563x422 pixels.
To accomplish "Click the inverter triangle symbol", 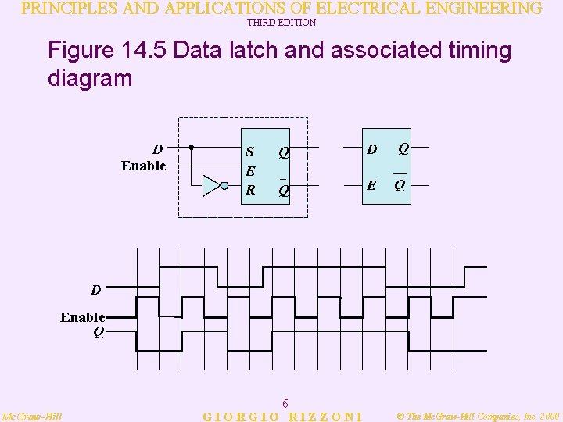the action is [212, 185].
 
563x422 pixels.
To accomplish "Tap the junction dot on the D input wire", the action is [192, 147].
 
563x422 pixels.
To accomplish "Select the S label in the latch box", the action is [249, 152].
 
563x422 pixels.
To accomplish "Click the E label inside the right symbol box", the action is [372, 186].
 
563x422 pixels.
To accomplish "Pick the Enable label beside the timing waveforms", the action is [83, 316].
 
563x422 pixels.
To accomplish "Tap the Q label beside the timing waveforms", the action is [98, 331].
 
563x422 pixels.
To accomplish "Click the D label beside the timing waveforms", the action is [95, 291].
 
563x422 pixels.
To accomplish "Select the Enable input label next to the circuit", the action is [144, 165].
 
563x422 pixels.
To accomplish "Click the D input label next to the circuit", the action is [158, 148].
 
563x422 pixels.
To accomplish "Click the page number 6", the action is [285, 403].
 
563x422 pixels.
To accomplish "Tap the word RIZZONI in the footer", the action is [326, 417].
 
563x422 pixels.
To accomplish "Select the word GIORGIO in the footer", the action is [238, 417].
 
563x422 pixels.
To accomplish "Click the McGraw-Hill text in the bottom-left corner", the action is [32, 416].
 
